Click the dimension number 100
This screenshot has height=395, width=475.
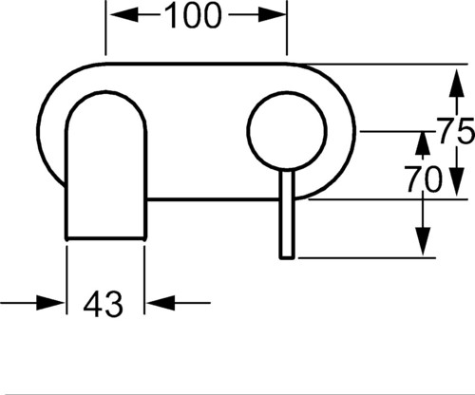click(192, 15)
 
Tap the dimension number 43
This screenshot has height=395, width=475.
click(103, 304)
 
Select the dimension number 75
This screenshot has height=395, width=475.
click(456, 130)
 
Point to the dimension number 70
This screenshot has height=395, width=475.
click(424, 179)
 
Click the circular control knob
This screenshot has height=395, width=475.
click(287, 131)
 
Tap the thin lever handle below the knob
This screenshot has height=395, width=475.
click(287, 215)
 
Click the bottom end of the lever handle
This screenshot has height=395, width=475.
click(287, 258)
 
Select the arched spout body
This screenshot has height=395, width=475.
click(105, 165)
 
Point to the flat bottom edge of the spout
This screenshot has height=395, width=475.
click(105, 237)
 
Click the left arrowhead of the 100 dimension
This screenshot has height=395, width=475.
click(123, 15)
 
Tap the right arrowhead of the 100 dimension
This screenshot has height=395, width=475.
click(273, 15)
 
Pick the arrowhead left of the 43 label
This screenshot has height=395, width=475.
click(50, 303)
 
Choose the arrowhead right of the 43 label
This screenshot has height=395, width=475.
click(161, 303)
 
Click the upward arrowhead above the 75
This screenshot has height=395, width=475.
click(456, 83)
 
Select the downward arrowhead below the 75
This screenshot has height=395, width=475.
click(456, 181)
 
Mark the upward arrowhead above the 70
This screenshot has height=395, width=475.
click(423, 144)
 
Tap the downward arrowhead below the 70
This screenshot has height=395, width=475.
click(423, 241)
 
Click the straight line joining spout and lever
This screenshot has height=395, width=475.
click(213, 199)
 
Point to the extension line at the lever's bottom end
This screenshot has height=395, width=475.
click(367, 258)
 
